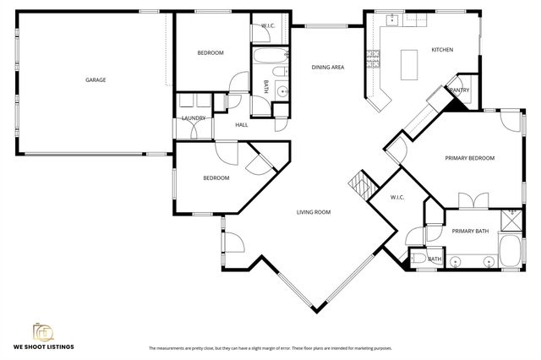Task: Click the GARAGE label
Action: point(95,80)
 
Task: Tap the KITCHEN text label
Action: point(442,50)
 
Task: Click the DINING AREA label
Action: point(328,67)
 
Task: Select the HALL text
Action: point(242,124)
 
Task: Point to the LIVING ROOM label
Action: point(313,212)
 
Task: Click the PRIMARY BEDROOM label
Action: point(470,158)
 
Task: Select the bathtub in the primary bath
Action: point(511,251)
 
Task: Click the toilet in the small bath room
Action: point(418,259)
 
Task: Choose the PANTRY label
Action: point(460,90)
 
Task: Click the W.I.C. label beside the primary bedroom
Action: point(397,198)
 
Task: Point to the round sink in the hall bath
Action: point(280,91)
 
